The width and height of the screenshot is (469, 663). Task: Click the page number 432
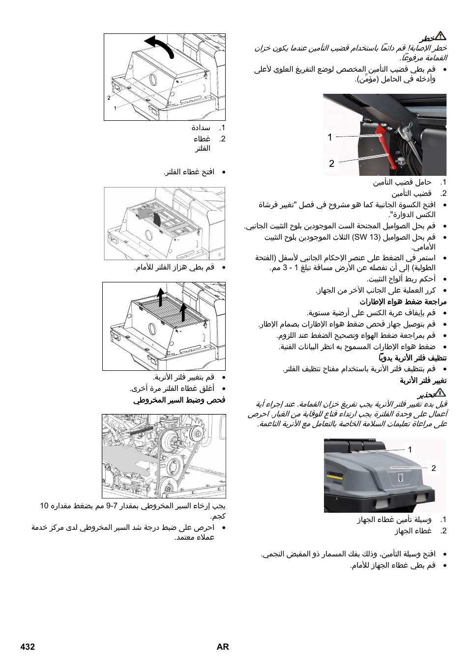pyautogui.click(x=28, y=646)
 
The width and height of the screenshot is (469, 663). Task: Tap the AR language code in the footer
pyautogui.click(x=223, y=646)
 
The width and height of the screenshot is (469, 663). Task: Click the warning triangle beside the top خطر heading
pyautogui.click(x=440, y=36)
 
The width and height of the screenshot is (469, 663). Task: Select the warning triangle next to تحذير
pyautogui.click(x=440, y=392)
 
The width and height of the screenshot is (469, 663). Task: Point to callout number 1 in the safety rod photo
pyautogui.click(x=330, y=137)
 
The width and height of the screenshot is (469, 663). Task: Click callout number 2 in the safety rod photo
pyautogui.click(x=331, y=163)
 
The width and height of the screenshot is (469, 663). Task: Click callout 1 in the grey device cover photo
pyautogui.click(x=410, y=449)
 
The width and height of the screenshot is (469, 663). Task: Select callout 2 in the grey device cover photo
pyautogui.click(x=433, y=468)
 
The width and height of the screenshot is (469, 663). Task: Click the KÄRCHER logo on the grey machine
pyautogui.click(x=336, y=475)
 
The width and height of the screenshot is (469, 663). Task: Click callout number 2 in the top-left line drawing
pyautogui.click(x=109, y=98)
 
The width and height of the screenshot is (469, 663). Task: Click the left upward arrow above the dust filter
pyautogui.click(x=160, y=297)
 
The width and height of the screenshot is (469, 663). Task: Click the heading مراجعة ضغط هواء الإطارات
pyautogui.click(x=403, y=302)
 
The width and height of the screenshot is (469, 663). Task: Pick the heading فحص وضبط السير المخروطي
pyautogui.click(x=179, y=400)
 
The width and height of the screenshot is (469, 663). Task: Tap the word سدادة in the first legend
pyautogui.click(x=201, y=128)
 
